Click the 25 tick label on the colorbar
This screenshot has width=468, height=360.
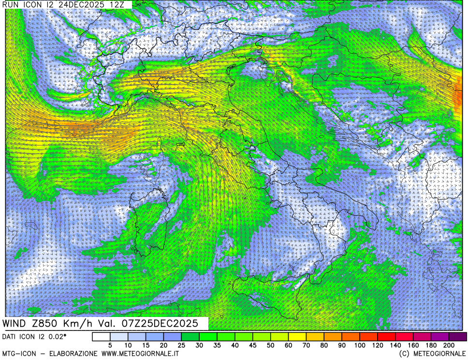(181, 345)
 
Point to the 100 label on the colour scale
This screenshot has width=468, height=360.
(360, 345)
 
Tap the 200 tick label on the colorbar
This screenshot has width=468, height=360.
(449, 345)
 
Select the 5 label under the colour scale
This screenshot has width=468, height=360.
(110, 345)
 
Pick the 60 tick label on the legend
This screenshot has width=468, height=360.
(289, 345)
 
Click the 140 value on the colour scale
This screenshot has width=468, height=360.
(396, 345)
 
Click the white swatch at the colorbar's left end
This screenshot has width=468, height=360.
(101, 336)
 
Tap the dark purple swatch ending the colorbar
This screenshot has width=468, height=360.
(458, 336)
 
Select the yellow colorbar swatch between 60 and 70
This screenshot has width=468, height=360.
(297, 336)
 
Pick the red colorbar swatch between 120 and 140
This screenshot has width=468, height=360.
(387, 336)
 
